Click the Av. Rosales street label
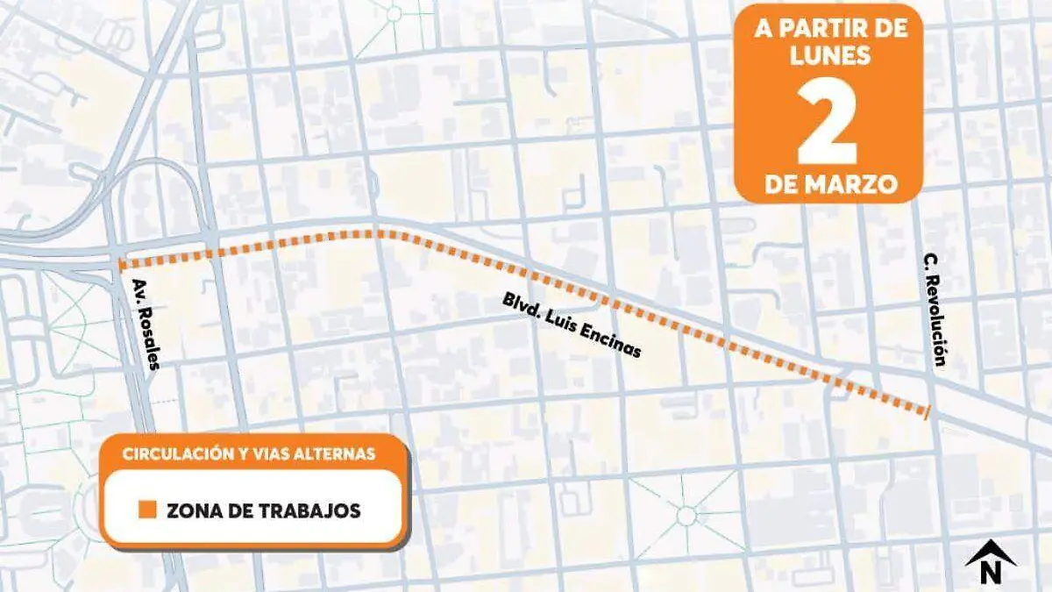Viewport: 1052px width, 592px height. pos(145,324)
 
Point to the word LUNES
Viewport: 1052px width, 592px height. pos(828,55)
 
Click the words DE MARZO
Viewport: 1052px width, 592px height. pos(829,185)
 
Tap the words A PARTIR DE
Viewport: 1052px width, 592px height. pos(829,27)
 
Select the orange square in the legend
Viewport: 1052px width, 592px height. pos(148,510)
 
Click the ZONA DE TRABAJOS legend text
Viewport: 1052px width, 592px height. pos(262,510)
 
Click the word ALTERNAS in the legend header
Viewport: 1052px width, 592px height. pos(342,453)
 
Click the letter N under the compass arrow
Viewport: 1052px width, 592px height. pos(991,574)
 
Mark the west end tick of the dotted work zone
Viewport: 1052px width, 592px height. pos(118,262)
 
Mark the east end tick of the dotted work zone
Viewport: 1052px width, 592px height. pos(928,410)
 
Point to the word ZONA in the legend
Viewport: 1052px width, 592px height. pos(188,510)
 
